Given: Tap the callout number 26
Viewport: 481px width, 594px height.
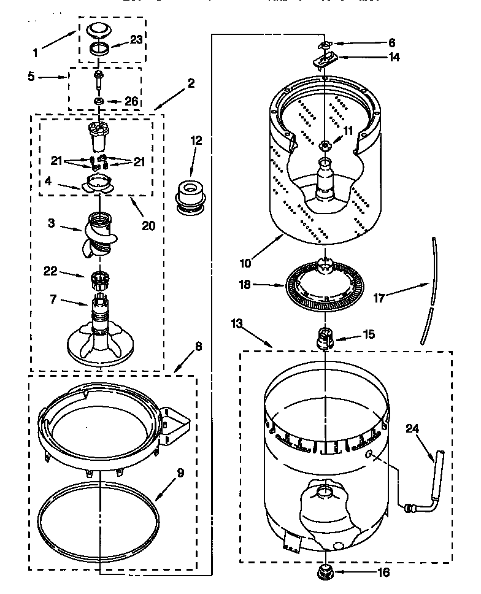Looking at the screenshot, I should point(131,101).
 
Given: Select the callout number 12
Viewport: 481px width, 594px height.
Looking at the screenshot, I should point(196,141).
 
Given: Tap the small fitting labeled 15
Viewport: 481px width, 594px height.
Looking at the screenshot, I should point(325,338).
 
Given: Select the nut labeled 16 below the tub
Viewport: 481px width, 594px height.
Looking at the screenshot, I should point(324,574).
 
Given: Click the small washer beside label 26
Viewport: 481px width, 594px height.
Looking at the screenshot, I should point(98,101).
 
